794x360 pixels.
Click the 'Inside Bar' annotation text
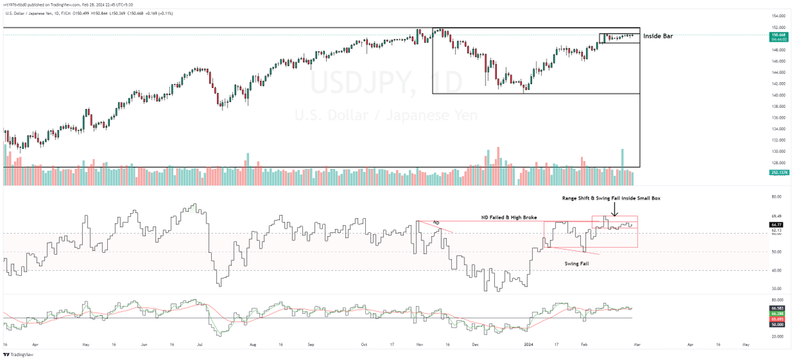[x=658, y=36]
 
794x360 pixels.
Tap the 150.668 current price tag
[x=778, y=34]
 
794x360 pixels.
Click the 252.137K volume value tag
[x=778, y=172]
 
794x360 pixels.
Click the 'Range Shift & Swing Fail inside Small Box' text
[x=607, y=198]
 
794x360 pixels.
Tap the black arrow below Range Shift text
[x=615, y=210]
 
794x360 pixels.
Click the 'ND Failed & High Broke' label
[x=509, y=217]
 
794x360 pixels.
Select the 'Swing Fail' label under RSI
[x=576, y=263]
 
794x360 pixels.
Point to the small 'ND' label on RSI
[x=436, y=222]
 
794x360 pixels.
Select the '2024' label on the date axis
[x=529, y=345]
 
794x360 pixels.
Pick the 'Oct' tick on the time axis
[x=363, y=345]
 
